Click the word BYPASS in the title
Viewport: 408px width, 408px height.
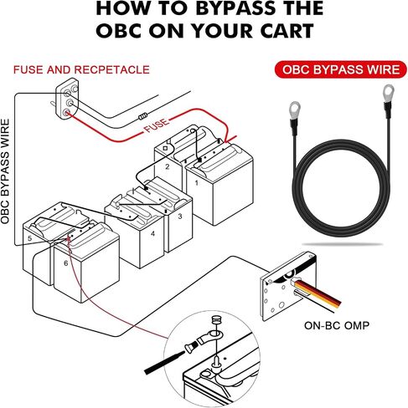pyautogui.click(x=235, y=8)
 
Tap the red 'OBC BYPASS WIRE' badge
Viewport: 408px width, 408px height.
pyautogui.click(x=341, y=69)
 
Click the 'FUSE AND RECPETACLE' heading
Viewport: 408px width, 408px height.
pyautogui.click(x=81, y=69)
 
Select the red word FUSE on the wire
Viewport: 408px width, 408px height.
pyautogui.click(x=157, y=125)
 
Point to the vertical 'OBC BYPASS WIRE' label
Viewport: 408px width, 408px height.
pyautogui.click(x=5, y=171)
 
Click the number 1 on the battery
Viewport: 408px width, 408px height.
pyautogui.click(x=197, y=183)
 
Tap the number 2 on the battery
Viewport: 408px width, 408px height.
pyautogui.click(x=168, y=166)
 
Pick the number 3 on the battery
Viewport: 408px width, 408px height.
pyautogui.click(x=180, y=216)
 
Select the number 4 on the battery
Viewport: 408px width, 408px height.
pyautogui.click(x=152, y=233)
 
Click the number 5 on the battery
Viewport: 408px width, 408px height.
pyautogui.click(x=30, y=238)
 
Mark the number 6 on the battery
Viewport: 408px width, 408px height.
pyautogui.click(x=66, y=263)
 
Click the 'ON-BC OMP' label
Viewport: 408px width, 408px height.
pyautogui.click(x=337, y=325)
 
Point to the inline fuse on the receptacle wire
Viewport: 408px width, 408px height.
pyautogui.click(x=143, y=116)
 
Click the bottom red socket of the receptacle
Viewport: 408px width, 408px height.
pyautogui.click(x=66, y=113)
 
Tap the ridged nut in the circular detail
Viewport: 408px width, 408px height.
pyautogui.click(x=214, y=319)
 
